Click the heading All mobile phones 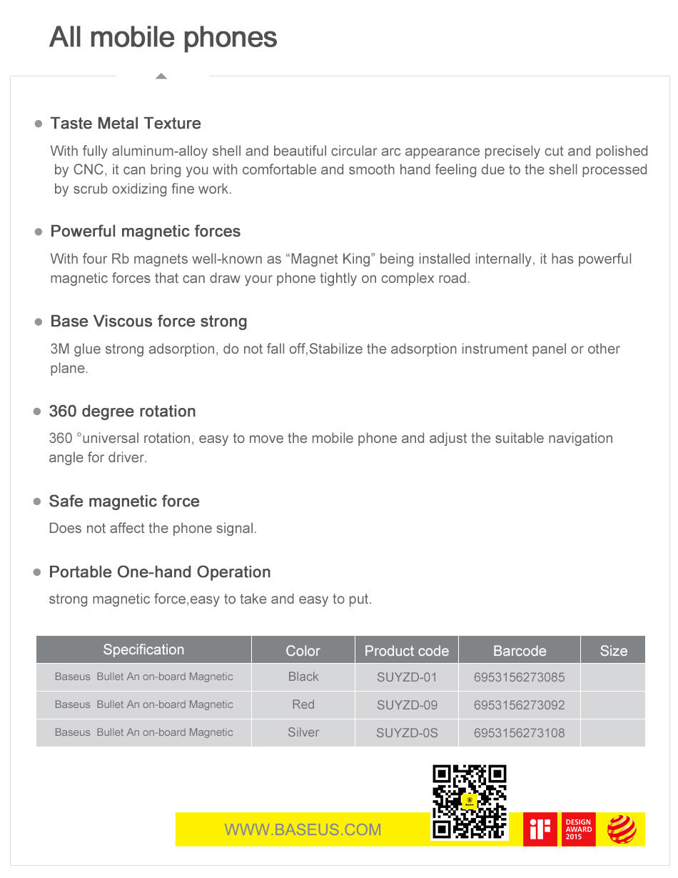point(163,37)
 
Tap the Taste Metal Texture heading point(126,124)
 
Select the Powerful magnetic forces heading point(146,231)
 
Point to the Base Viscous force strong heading point(148,321)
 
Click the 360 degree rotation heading point(122,411)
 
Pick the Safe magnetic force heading point(124,502)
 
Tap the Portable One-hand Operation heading point(160,572)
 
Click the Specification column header point(143,649)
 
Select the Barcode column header point(520,651)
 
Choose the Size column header point(613,651)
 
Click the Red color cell point(303,704)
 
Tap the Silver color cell point(303,732)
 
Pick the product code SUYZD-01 point(407,677)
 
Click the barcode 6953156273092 point(519,705)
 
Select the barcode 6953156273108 point(519,733)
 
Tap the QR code point(470,802)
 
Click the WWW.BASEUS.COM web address point(303,829)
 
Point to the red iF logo point(540,829)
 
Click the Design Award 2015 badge point(578,829)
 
